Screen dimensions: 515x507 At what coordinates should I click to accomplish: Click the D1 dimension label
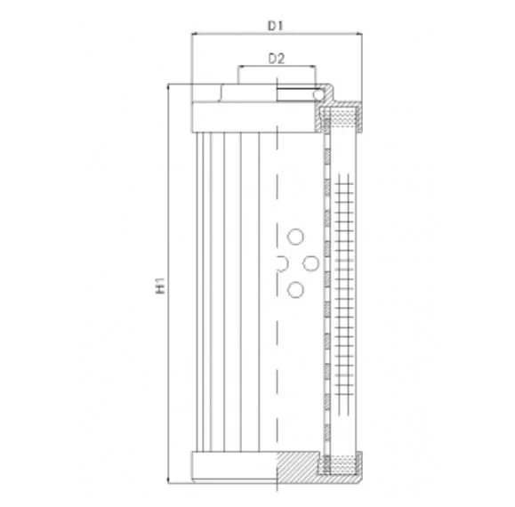coord(275,26)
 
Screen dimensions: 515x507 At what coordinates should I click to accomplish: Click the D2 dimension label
coord(277,59)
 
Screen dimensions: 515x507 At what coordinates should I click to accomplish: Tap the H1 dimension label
coord(160,286)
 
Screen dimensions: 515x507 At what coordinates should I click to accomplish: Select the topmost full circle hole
coord(295,237)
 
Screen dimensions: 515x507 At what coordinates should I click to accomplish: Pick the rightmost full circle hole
coord(310,263)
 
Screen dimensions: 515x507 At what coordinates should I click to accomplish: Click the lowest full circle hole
coord(295,290)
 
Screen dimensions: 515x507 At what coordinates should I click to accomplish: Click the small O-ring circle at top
coord(318,94)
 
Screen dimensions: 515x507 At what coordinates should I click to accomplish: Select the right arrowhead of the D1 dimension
coord(359,33)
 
